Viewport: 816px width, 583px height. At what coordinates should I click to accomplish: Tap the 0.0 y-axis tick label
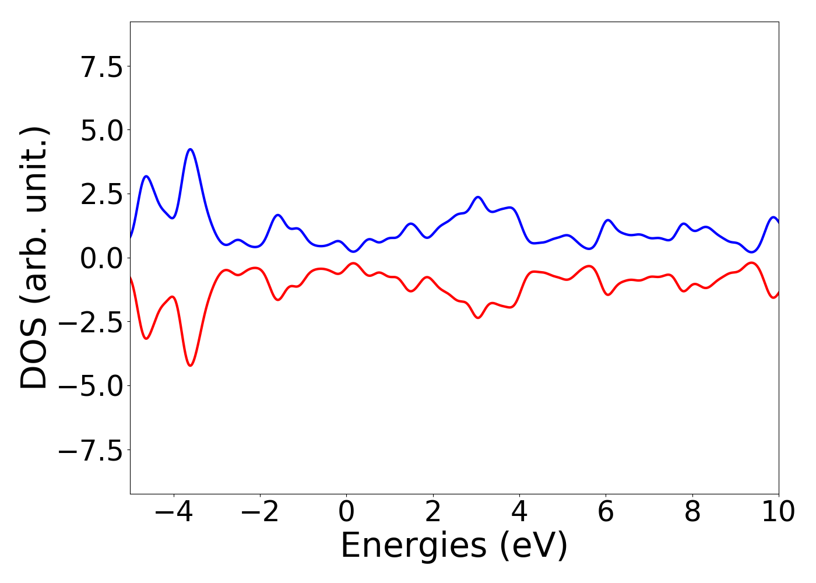click(101, 258)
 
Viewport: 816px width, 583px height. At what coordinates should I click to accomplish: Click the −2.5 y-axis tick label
click(90, 322)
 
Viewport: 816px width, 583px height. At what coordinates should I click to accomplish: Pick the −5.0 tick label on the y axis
click(90, 387)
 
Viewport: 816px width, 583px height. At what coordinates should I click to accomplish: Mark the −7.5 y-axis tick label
click(90, 451)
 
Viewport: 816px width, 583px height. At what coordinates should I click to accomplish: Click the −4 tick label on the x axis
click(173, 512)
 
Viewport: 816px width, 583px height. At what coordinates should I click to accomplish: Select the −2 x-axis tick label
click(260, 512)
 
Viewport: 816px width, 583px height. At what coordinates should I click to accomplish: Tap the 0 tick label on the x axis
click(346, 512)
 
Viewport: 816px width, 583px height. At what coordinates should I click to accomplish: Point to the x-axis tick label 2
click(432, 512)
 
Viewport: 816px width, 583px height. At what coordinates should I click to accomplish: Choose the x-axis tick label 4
click(519, 512)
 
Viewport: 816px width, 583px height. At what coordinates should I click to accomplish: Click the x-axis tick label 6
click(606, 512)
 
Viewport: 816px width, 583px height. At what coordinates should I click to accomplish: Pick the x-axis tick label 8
click(692, 512)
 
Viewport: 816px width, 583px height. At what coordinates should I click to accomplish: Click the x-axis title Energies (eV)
click(454, 546)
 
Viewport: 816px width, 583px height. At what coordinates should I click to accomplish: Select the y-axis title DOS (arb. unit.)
click(34, 258)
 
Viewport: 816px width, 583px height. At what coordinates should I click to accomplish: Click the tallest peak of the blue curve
click(190, 149)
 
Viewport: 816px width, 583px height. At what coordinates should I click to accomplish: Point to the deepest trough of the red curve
click(190, 366)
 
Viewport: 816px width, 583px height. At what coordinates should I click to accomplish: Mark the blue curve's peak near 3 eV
click(478, 197)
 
